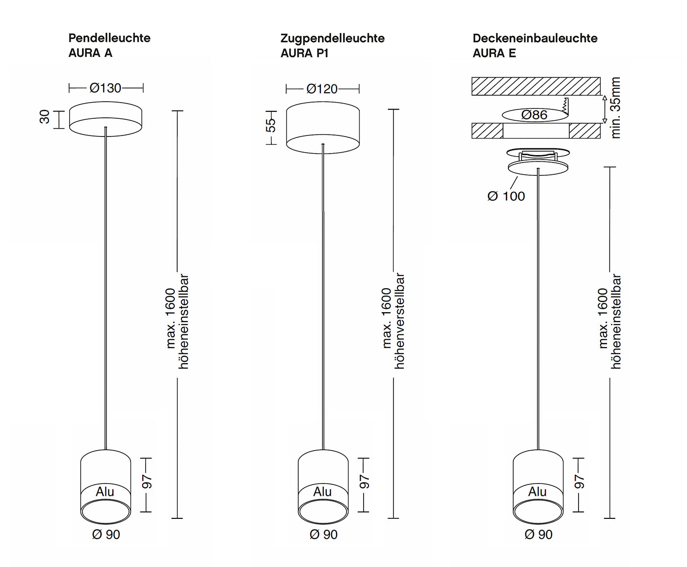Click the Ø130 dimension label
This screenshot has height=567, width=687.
pyautogui.click(x=106, y=88)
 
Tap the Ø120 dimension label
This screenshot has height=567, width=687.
pyautogui.click(x=322, y=89)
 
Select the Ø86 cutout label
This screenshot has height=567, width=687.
pyautogui.click(x=534, y=114)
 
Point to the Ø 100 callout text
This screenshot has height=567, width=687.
pyautogui.click(x=506, y=196)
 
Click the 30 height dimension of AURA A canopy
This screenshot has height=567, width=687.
pyautogui.click(x=45, y=117)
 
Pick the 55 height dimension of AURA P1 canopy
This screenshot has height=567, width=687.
pyautogui.click(x=270, y=125)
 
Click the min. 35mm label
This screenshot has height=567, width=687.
pyautogui.click(x=615, y=108)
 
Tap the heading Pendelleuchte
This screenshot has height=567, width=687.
pyautogui.click(x=109, y=38)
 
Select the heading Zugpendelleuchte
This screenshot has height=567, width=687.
pyautogui.click(x=332, y=38)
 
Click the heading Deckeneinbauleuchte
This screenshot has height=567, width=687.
pyautogui.click(x=535, y=38)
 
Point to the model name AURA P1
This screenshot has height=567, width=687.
pyautogui.click(x=304, y=53)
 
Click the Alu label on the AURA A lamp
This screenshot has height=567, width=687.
pyautogui.click(x=105, y=491)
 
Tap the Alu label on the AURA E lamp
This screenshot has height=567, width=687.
pyautogui.click(x=537, y=491)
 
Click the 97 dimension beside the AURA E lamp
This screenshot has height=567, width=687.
pyautogui.click(x=579, y=482)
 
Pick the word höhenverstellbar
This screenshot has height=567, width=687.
pyautogui.click(x=399, y=321)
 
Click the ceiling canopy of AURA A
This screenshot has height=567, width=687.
pyautogui.click(x=106, y=119)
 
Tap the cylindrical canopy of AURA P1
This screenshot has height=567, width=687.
pyautogui.click(x=323, y=128)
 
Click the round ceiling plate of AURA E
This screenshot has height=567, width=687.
pyautogui.click(x=538, y=168)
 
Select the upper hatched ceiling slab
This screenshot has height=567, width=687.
pyautogui.click(x=536, y=86)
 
